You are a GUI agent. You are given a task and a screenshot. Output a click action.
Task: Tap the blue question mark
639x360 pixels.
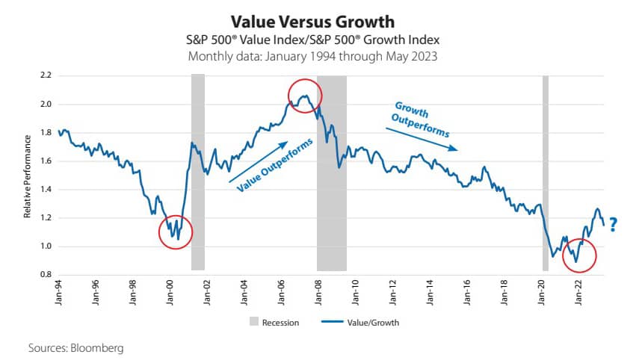pos(613,223)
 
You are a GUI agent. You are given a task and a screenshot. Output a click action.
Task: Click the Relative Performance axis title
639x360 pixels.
pos(27,176)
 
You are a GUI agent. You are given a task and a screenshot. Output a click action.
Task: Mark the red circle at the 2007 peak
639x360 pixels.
pos(305,96)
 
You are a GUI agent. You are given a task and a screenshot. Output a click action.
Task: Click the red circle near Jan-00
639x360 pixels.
pos(176,233)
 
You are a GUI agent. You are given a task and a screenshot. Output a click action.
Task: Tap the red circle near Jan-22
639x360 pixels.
pos(579,255)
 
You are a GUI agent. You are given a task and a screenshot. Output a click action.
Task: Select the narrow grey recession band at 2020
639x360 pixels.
pos(546,173)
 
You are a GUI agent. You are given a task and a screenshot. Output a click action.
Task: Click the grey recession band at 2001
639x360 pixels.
pos(198,173)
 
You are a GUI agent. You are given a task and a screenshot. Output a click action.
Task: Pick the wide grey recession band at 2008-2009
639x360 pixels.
pos(331,173)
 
